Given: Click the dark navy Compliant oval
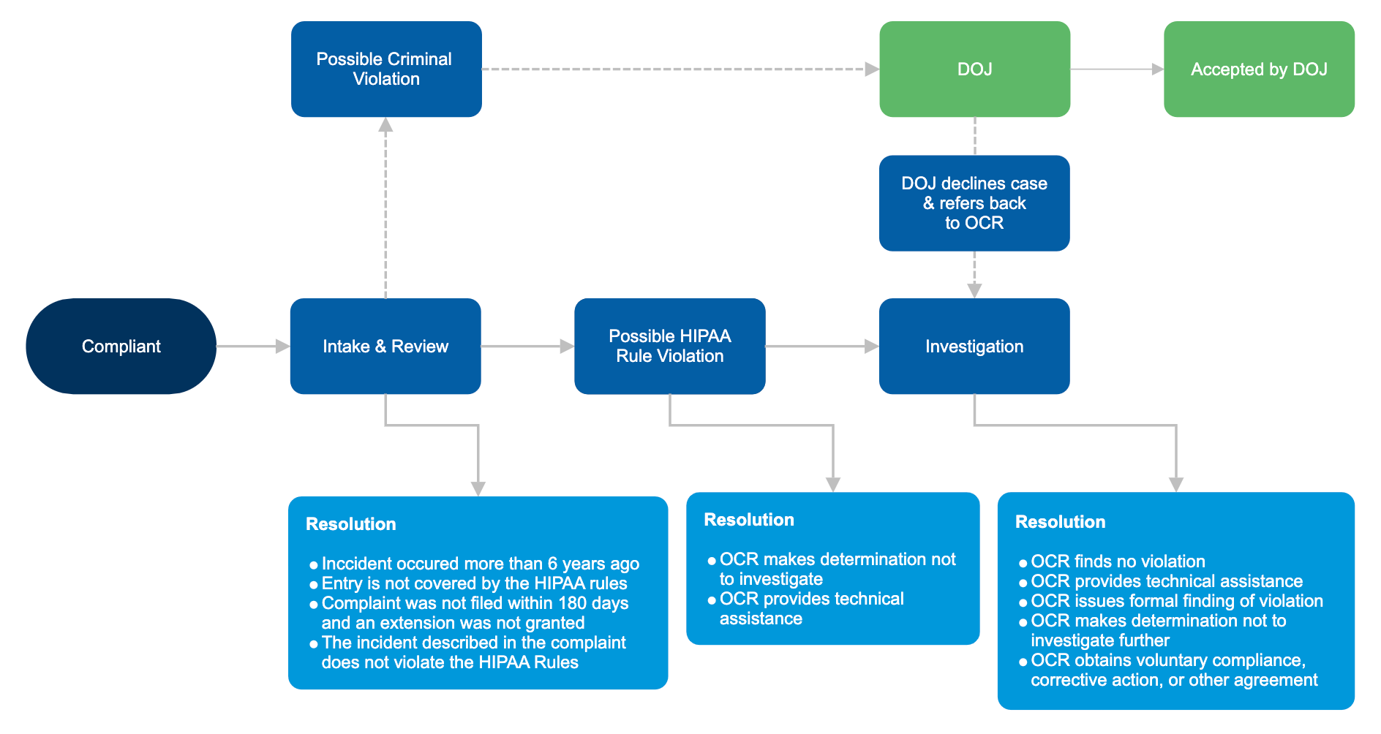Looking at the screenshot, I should pos(121,346).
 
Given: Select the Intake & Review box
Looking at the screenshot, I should pos(385,346).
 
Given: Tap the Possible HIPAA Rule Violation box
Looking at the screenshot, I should pos(669,346).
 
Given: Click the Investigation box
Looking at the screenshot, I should pos(974,346).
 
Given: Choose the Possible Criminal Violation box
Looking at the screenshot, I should pos(385,69).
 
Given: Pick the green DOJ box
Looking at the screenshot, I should pos(974,69).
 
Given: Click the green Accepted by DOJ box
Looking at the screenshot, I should pos(1258,69).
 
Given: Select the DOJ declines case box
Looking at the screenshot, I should pos(974,203).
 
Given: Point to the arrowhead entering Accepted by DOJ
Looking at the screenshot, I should pos(1157,69).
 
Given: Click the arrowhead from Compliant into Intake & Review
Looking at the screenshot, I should pos(282,346).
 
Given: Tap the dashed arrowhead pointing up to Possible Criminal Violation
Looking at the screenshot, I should pos(385,125).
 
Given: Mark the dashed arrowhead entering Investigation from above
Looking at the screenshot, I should pos(974,290).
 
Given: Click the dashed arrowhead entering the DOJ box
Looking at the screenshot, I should pos(872,69).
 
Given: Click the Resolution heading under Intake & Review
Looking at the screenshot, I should pos(350,524).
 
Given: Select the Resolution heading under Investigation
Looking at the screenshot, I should pos(1060,522).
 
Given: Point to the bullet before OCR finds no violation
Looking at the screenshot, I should pos(1023,563).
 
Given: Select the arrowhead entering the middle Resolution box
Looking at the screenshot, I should pos(832,484).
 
